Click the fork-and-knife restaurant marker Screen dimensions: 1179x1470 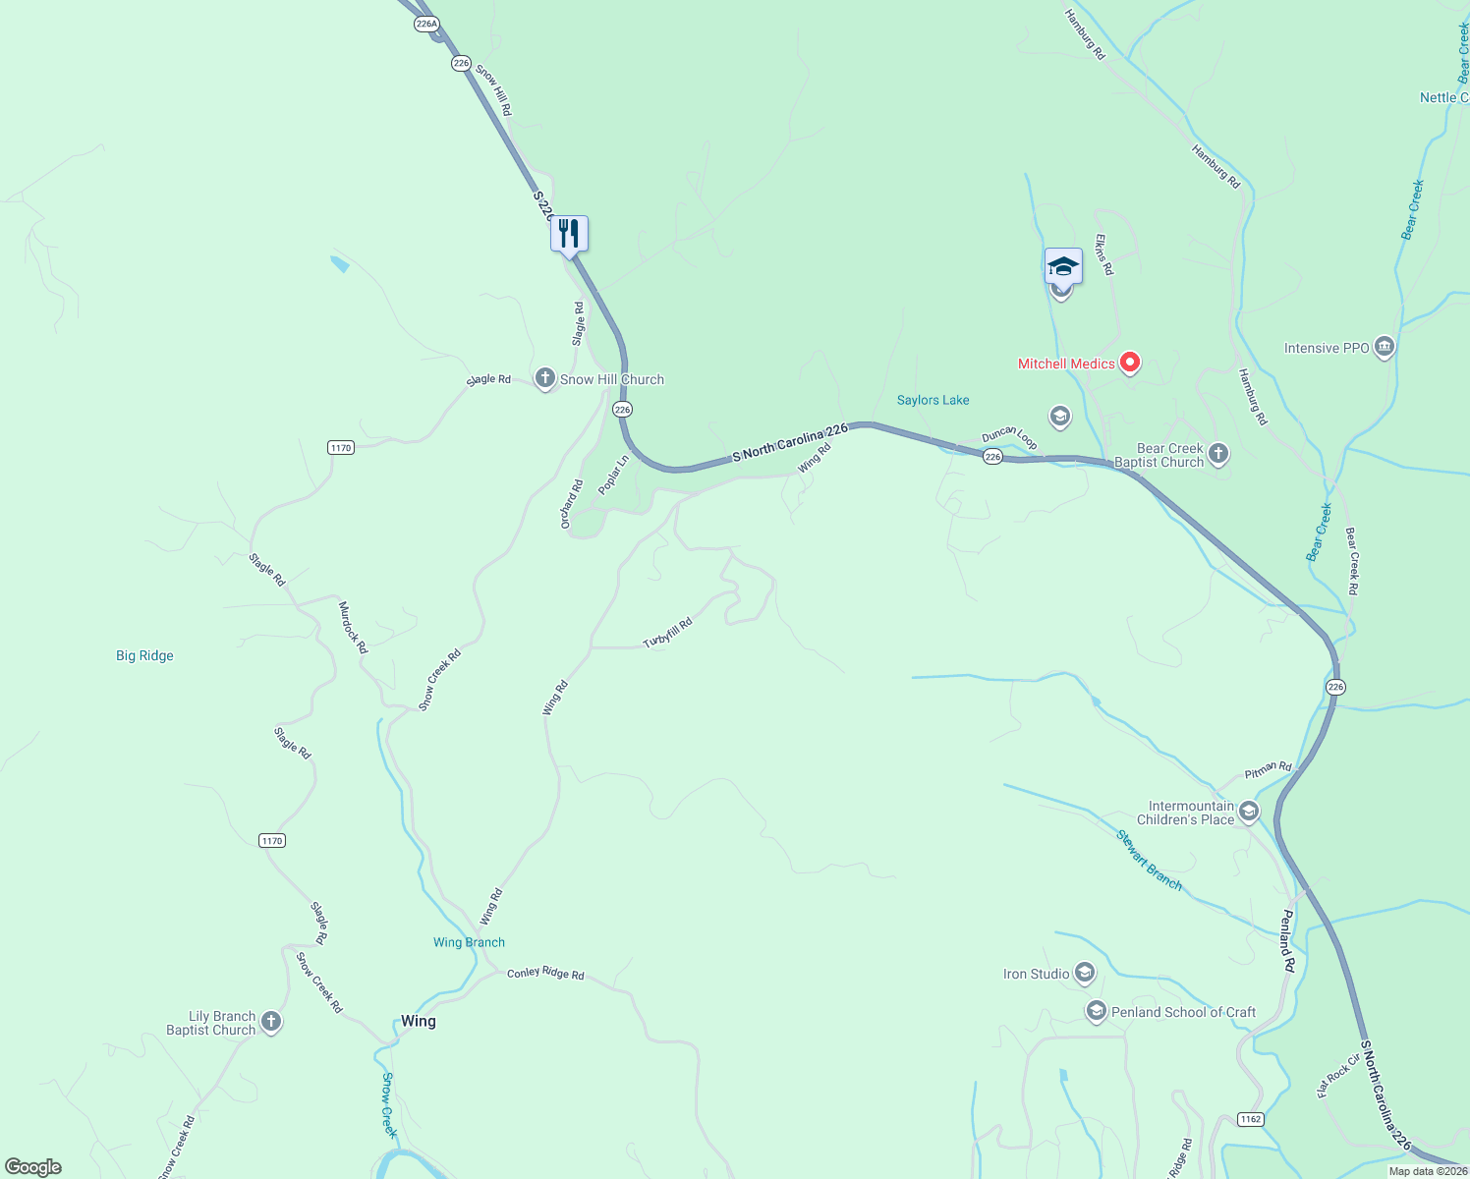(569, 234)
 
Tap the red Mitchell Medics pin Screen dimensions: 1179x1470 (1130, 363)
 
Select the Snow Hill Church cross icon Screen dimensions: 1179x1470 (545, 378)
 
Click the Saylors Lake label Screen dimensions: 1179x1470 (933, 400)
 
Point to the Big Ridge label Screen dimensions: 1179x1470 (144, 655)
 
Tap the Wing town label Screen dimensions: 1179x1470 (418, 1021)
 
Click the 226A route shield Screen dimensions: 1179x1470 (426, 25)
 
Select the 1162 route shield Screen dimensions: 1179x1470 (1250, 1119)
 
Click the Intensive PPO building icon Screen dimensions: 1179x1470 (1384, 347)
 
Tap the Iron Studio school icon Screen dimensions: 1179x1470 (1085, 974)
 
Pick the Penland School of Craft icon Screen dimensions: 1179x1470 (1096, 1011)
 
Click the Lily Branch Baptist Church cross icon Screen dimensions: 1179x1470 (271, 1022)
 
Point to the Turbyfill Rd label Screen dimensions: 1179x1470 (668, 633)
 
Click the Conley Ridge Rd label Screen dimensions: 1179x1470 (545, 973)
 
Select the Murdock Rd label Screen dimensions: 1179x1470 (353, 628)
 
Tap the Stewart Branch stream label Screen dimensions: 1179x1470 (1149, 860)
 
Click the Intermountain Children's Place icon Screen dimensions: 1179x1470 (1248, 812)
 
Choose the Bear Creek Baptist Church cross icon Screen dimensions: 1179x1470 (1218, 454)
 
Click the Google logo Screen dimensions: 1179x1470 (33, 1167)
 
